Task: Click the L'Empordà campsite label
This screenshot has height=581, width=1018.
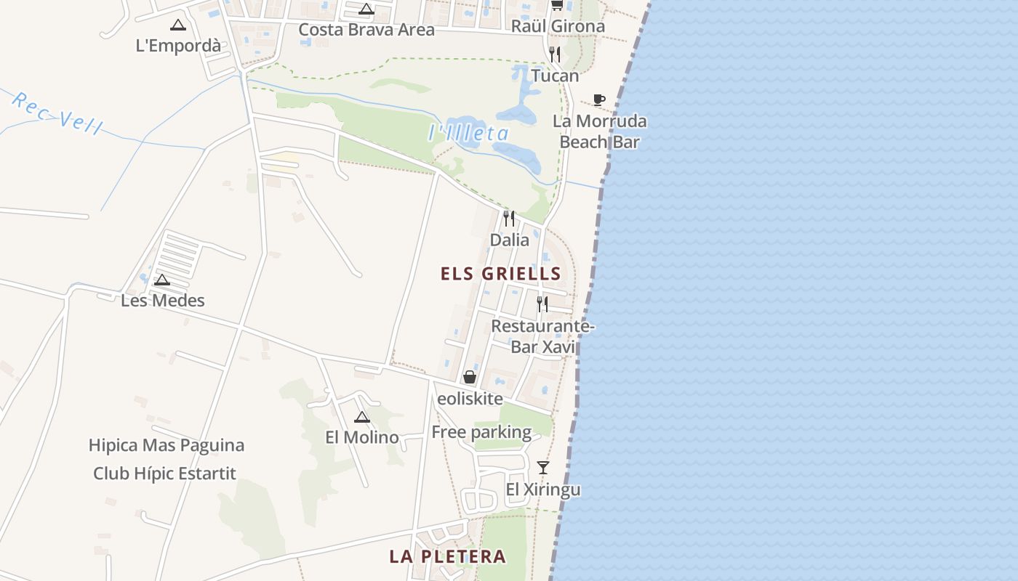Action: tap(178, 45)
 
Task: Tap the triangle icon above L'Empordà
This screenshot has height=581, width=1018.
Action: tap(178, 25)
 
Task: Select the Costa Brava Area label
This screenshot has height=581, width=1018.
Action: tap(366, 30)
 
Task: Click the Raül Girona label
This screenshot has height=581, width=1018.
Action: tap(558, 26)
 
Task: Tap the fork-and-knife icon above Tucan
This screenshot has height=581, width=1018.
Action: tap(555, 54)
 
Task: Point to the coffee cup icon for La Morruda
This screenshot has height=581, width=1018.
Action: tap(598, 99)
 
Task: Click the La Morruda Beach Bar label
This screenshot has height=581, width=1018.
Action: tap(599, 131)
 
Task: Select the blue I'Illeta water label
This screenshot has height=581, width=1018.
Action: tap(468, 133)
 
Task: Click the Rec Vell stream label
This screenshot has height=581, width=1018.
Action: tap(57, 113)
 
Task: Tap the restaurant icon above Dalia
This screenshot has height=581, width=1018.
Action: tap(509, 218)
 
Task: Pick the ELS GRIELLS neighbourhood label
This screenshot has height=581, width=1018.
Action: tap(501, 274)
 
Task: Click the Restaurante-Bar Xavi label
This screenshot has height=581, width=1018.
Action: tap(542, 336)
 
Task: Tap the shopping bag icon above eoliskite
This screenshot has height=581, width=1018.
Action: tap(470, 377)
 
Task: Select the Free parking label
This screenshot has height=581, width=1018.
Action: tap(481, 432)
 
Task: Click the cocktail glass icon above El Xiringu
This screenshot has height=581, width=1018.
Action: tap(543, 467)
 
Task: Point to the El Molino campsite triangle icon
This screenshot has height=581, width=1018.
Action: tap(362, 417)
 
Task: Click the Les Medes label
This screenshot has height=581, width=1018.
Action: tap(163, 300)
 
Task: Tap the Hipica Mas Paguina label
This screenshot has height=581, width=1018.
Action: tap(167, 445)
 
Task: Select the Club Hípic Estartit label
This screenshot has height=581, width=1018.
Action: tap(165, 474)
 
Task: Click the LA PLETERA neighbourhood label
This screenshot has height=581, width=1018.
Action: tap(447, 556)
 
